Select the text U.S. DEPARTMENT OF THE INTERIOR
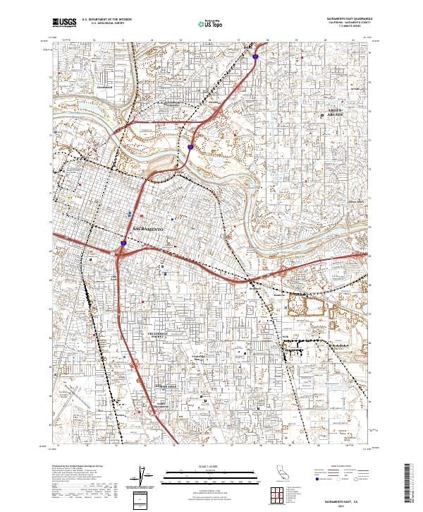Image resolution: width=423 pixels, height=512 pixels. pos(106,20)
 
